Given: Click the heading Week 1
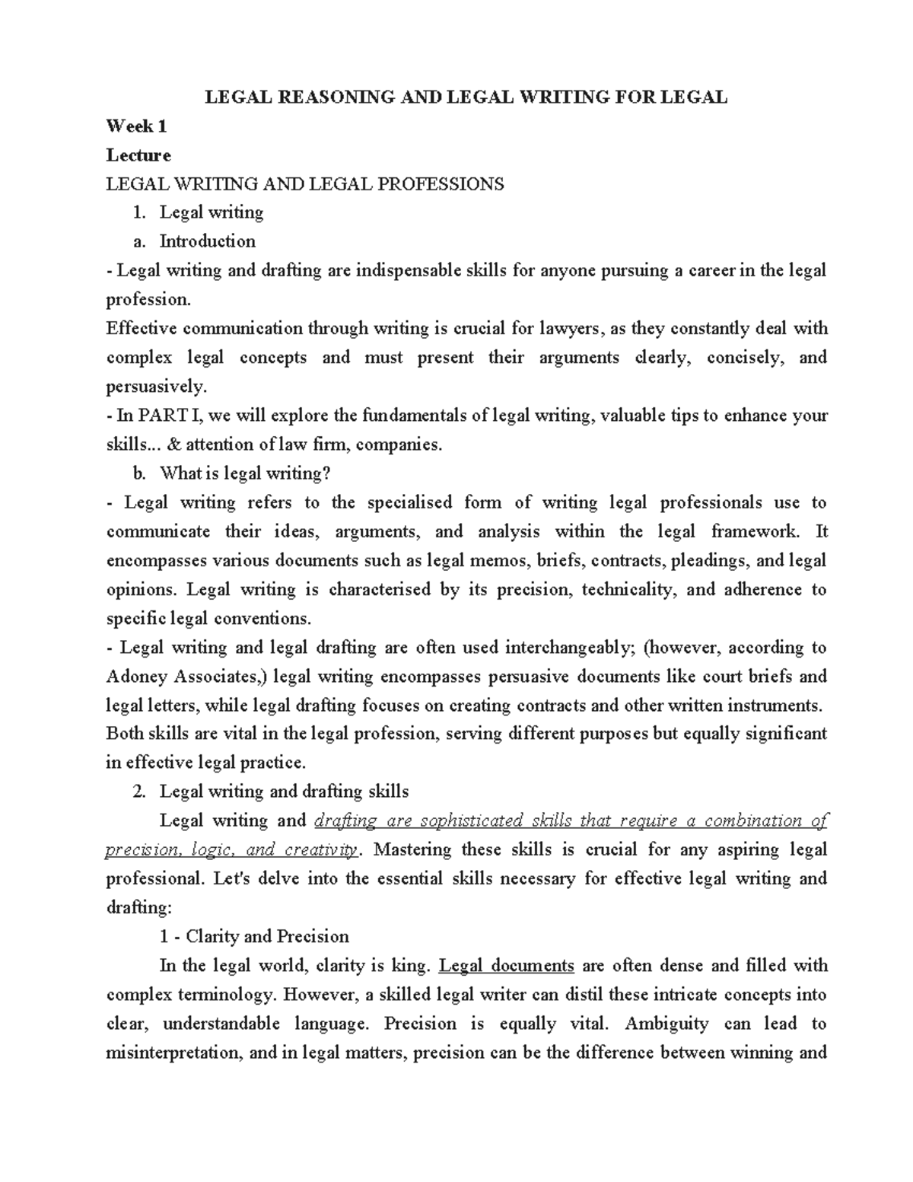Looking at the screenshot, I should coord(136,126).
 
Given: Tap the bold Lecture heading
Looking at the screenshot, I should coord(138,155).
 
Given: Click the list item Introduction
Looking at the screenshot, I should coord(207,241).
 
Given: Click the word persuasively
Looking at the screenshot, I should coord(155,387).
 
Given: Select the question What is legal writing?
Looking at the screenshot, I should coord(245,473).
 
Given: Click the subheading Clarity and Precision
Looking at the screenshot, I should coord(267,937).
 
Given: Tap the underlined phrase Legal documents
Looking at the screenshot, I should coord(507,966).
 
